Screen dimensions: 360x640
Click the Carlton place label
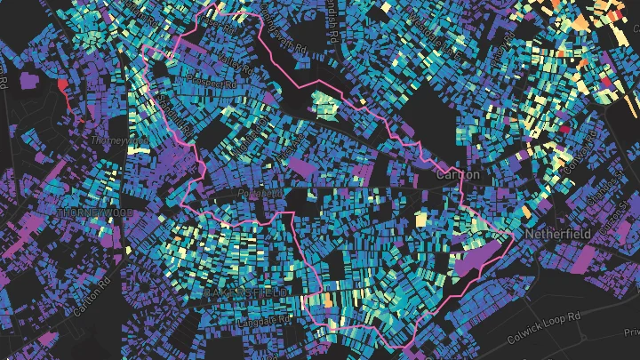(458, 175)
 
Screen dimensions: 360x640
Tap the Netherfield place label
(558, 234)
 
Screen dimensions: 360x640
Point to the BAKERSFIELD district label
(246, 292)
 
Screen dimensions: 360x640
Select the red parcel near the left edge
(61, 86)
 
